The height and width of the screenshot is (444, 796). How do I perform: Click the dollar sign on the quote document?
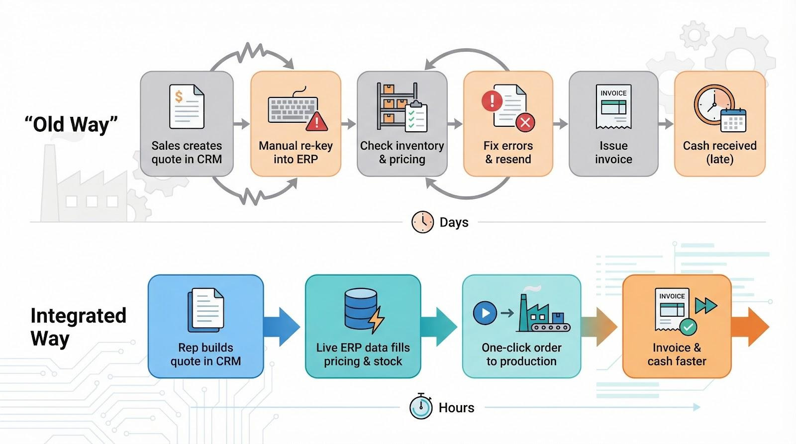[x=179, y=96]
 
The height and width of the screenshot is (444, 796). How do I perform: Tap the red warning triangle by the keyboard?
[x=316, y=121]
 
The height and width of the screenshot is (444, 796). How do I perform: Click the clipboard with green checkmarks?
[x=416, y=117]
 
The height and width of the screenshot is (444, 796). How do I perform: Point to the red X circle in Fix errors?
[x=525, y=122]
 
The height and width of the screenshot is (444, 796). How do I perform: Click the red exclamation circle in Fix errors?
[x=492, y=101]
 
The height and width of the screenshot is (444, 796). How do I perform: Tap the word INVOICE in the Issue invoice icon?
[x=613, y=93]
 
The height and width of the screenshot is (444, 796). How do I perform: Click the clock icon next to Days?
[x=422, y=222]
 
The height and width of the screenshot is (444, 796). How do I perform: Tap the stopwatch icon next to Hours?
[x=421, y=407]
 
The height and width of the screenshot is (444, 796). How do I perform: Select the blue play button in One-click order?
[x=485, y=313]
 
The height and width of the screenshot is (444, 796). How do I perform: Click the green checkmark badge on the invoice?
[x=688, y=327]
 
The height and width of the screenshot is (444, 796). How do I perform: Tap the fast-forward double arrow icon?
[x=706, y=305]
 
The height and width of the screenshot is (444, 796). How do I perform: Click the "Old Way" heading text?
[x=71, y=124]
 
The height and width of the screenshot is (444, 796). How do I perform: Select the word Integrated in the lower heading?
[x=78, y=316]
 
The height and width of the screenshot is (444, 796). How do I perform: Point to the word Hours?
[x=456, y=408]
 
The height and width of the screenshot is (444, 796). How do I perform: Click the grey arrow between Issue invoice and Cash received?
[x=666, y=124]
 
